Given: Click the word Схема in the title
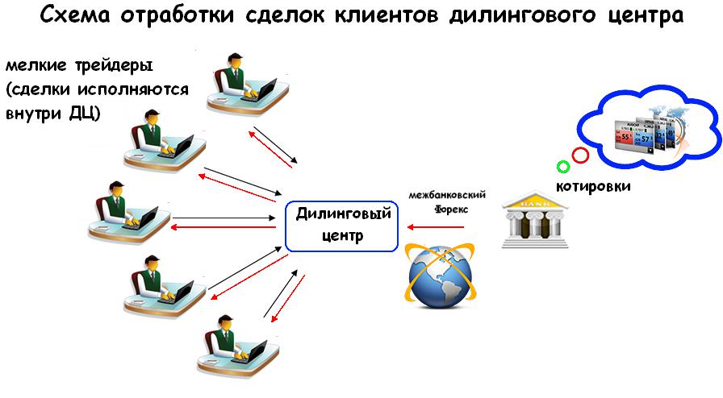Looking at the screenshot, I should coord(77,16).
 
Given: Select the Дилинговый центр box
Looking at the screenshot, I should coord(343,226).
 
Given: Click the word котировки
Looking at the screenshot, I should coord(592,186).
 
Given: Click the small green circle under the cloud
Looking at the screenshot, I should coord(563,167).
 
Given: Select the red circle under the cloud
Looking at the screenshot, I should coord(579,155).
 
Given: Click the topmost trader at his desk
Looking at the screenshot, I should coord(242,81).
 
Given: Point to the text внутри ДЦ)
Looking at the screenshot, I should coord(53,113).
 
